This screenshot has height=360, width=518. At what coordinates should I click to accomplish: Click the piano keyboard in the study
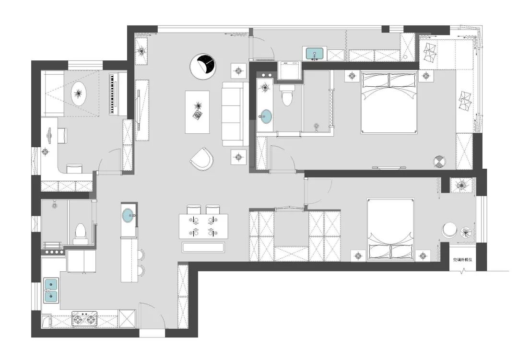(113, 94)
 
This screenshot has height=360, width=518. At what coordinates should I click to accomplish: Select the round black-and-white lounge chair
(203, 66)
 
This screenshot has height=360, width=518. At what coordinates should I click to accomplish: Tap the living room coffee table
(197, 112)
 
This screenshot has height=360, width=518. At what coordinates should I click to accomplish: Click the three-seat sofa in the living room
(235, 114)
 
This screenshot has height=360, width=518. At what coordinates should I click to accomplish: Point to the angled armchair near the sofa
(202, 159)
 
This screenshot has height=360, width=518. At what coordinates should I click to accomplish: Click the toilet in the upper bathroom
(287, 95)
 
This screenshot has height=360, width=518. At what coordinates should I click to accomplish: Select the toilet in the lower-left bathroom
(80, 232)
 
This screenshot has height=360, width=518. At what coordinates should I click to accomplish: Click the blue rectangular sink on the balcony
(315, 54)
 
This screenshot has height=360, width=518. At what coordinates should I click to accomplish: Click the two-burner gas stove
(84, 319)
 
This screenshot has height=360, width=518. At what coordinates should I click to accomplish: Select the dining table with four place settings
(203, 226)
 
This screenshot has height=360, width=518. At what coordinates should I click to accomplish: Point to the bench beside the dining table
(203, 247)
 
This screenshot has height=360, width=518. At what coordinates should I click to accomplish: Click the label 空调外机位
(462, 260)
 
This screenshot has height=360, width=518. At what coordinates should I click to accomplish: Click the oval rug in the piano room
(79, 94)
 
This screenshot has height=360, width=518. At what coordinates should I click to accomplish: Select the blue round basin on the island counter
(129, 216)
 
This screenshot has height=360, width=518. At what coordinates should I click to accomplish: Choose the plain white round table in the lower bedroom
(449, 230)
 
